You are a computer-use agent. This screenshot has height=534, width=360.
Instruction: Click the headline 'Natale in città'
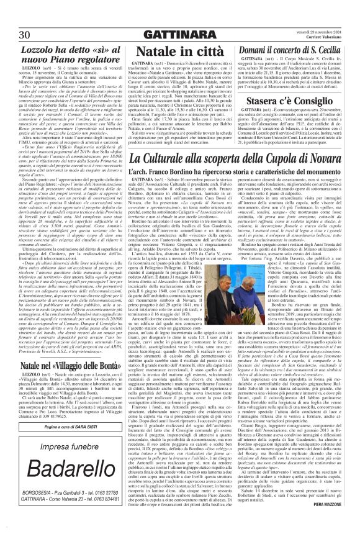pos(176,52)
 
